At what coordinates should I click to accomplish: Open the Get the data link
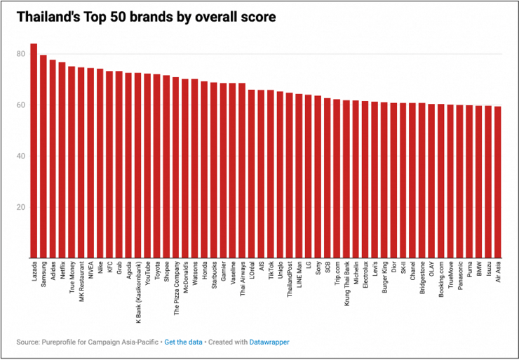click(183, 342)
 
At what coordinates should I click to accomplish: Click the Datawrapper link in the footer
click(271, 342)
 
